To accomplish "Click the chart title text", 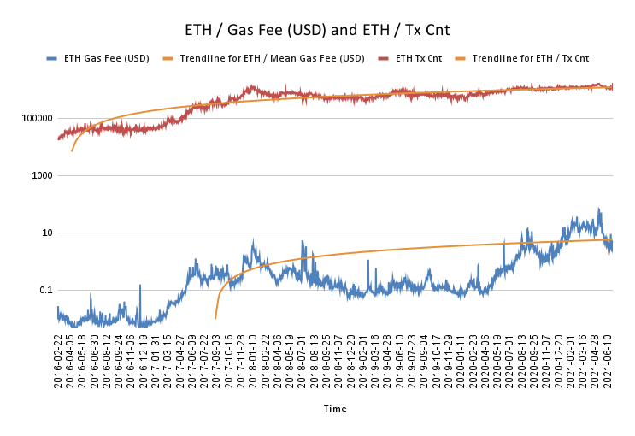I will coord(317,30).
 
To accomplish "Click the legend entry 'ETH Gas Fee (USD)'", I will coord(107,59).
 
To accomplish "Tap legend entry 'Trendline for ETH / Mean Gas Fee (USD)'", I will coord(272,59).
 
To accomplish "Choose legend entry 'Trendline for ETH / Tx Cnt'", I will coord(530,59).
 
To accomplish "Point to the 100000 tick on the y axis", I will coord(35,118).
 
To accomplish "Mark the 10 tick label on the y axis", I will coord(45,233).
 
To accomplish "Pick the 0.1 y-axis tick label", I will coord(43,290).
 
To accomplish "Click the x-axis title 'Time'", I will coord(335,409).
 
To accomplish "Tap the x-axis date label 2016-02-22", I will coord(58,361).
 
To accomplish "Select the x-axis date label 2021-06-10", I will coord(609,361).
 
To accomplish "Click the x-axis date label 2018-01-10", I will coord(254,361).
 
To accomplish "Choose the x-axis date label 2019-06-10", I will coord(401,361).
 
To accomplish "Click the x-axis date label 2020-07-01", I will coord(511,361).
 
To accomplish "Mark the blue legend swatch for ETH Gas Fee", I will coord(52,59).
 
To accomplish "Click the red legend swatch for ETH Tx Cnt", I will coord(382,59).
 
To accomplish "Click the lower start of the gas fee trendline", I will coord(215,318).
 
